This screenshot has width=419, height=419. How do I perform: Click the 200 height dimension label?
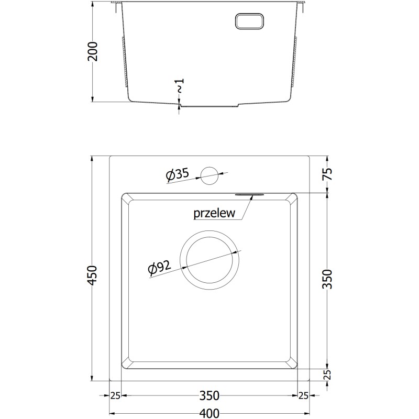point(93,51)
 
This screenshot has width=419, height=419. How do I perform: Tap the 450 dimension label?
point(93,275)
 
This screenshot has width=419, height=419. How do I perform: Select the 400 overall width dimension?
point(210,413)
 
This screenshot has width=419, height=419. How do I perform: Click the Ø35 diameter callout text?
point(177,174)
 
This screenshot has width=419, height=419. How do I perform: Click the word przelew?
point(214,213)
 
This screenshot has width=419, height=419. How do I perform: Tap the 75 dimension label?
point(328,174)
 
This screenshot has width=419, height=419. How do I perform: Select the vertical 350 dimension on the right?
point(328,279)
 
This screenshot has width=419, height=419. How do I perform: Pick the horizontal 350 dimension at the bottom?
point(210,395)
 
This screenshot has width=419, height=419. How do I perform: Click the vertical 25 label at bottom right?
point(328,374)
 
